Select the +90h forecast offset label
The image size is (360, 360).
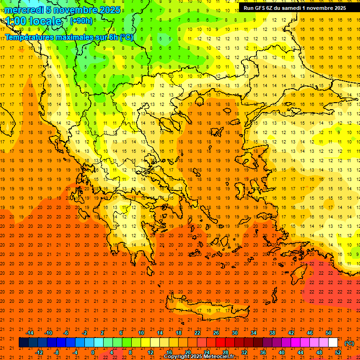click(81, 21)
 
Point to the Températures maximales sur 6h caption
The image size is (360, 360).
click(69, 37)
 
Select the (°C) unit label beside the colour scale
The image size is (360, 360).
click(349, 343)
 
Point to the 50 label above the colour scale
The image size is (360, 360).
click(329, 333)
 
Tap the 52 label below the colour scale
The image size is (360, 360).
click(338, 352)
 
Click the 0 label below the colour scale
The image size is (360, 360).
click(93, 352)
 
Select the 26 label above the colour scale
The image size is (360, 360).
click(216, 333)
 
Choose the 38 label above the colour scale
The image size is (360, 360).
click(272, 333)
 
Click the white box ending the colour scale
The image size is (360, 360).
click(333, 343)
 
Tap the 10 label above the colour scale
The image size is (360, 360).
click(141, 333)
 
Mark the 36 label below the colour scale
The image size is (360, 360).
click(263, 352)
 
